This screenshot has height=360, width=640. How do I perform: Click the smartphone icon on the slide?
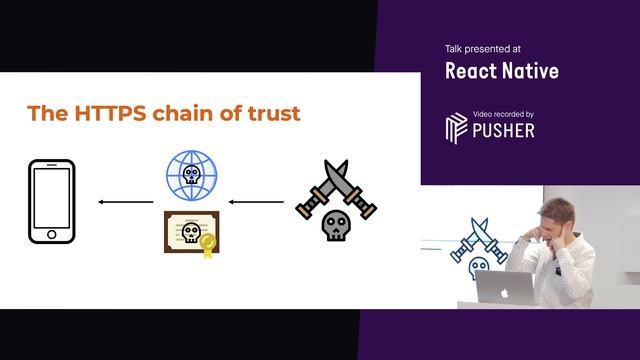[52, 201]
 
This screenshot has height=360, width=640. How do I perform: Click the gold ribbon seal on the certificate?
[207, 243]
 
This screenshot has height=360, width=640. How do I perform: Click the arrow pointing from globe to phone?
[126, 202]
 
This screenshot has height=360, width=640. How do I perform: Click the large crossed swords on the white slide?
[335, 189]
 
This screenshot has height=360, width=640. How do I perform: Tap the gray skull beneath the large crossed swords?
[335, 227]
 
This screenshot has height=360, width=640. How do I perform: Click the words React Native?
[501, 71]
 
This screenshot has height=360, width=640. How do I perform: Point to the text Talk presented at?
[482, 48]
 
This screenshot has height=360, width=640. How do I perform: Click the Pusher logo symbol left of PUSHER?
[456, 128]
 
